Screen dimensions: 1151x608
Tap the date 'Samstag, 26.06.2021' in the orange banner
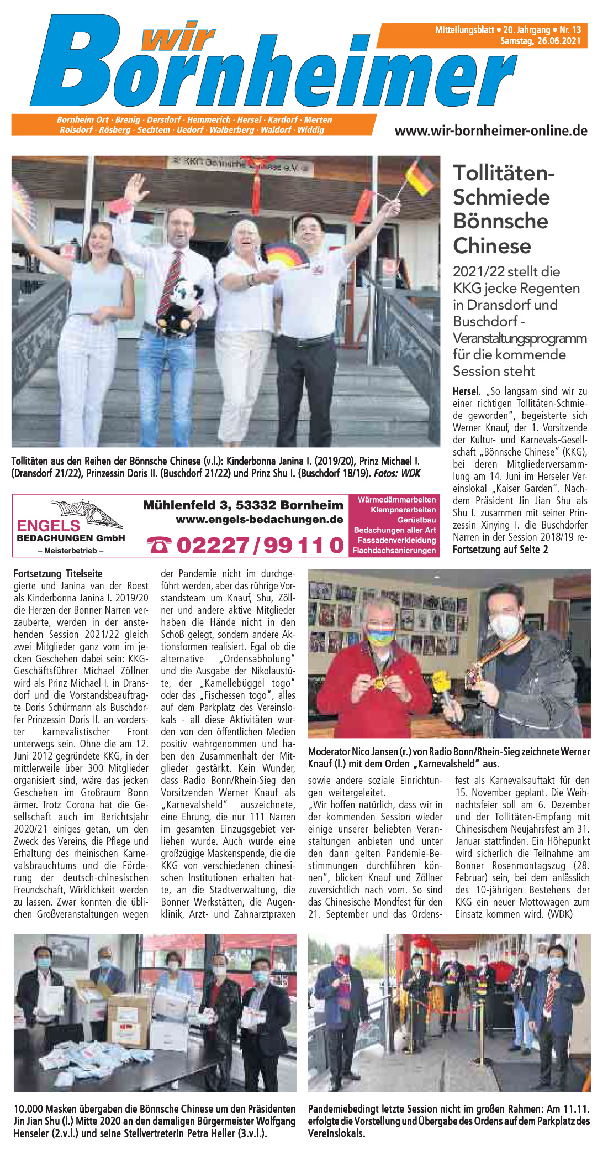click(540, 41)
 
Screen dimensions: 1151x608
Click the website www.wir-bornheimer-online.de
click(490, 131)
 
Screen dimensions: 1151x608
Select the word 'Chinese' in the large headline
click(491, 245)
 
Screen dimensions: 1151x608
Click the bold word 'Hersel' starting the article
click(466, 391)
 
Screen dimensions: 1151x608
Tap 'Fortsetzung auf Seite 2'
click(500, 550)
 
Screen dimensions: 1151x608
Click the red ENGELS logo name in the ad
click(48, 525)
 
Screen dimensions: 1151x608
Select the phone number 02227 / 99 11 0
click(260, 545)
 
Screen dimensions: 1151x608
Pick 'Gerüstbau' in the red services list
click(416, 520)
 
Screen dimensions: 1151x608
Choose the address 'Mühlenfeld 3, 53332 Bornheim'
click(243, 505)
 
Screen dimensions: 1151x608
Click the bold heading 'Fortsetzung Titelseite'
click(58, 574)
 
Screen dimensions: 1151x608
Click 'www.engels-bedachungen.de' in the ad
click(260, 520)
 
